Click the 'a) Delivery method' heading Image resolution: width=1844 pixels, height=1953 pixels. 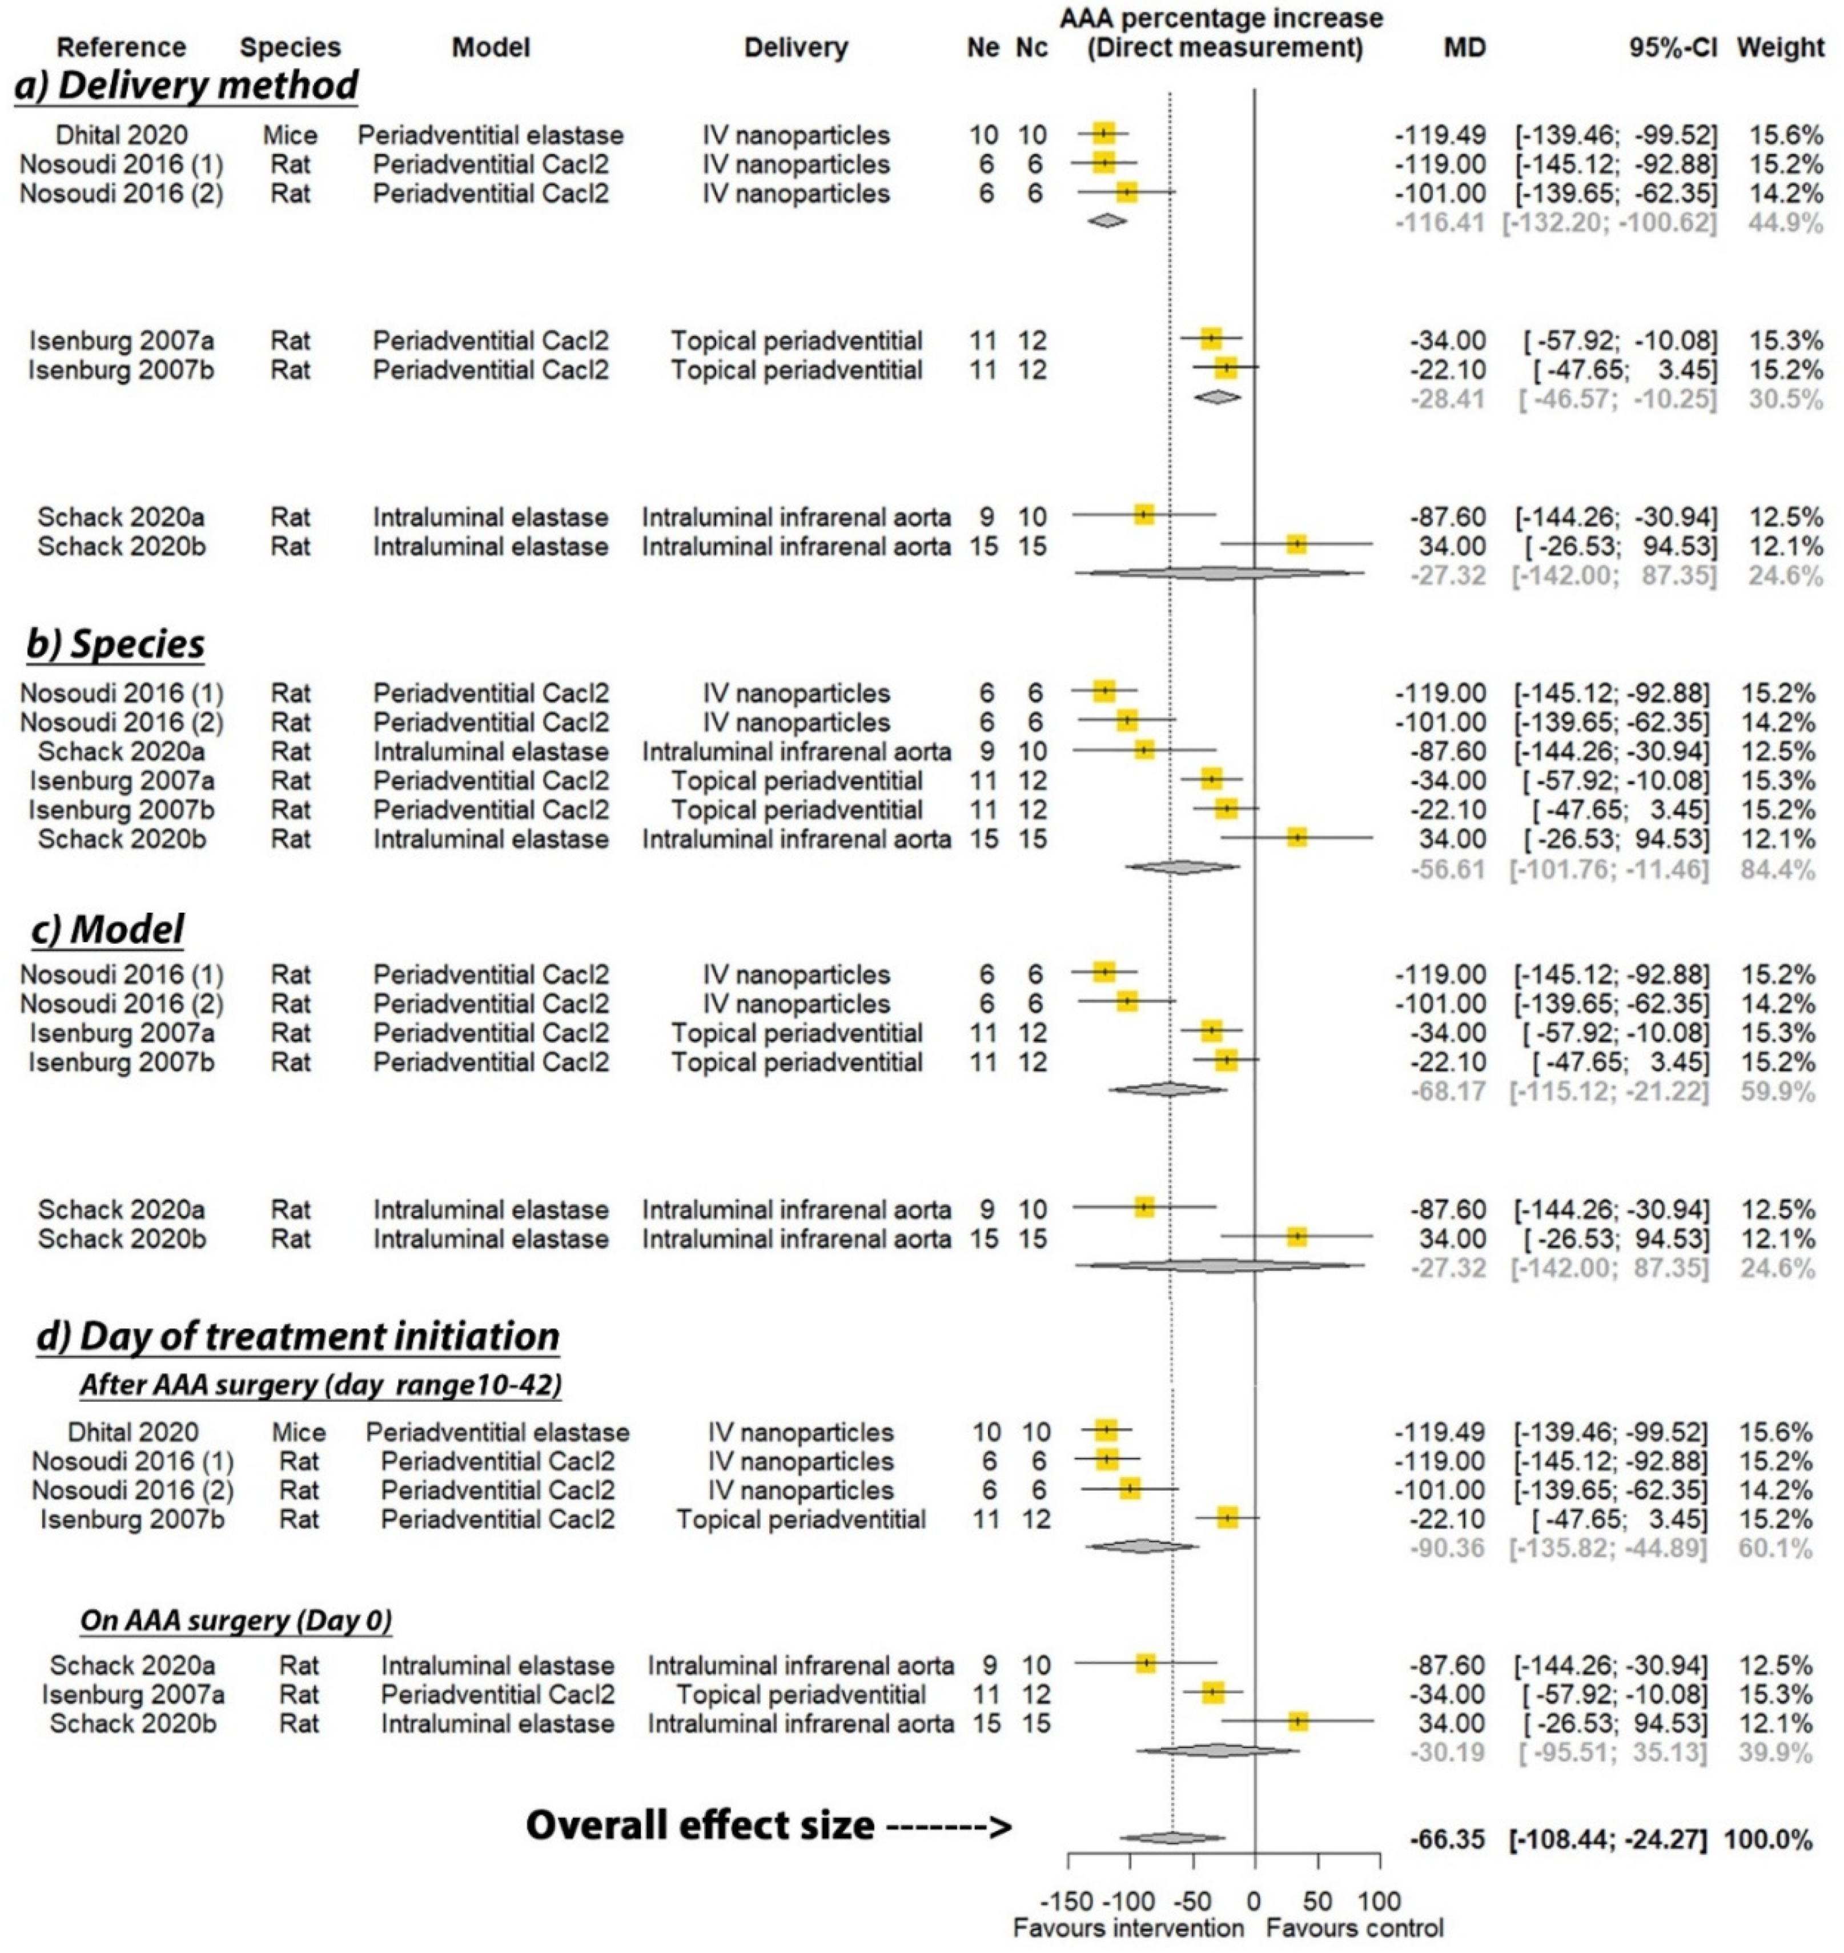pos(187,86)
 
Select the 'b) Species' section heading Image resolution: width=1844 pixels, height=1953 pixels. pos(116,644)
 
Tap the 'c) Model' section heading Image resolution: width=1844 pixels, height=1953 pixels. pos(107,928)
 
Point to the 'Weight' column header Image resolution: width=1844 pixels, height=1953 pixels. pos(1780,47)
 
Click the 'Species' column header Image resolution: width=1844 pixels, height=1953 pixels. pos(290,47)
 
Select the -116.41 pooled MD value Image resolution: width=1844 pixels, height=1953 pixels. pos(1440,222)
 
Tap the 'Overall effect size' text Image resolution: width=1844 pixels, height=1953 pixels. pos(700,1825)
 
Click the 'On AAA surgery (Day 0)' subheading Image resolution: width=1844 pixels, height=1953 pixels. pos(236,1619)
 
